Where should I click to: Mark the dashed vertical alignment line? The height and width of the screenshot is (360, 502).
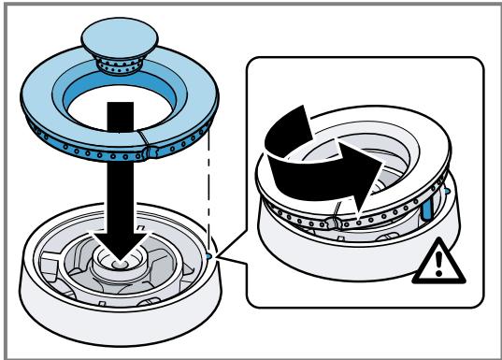tap(207, 187)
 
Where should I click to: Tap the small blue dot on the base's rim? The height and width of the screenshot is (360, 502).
tap(207, 251)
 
